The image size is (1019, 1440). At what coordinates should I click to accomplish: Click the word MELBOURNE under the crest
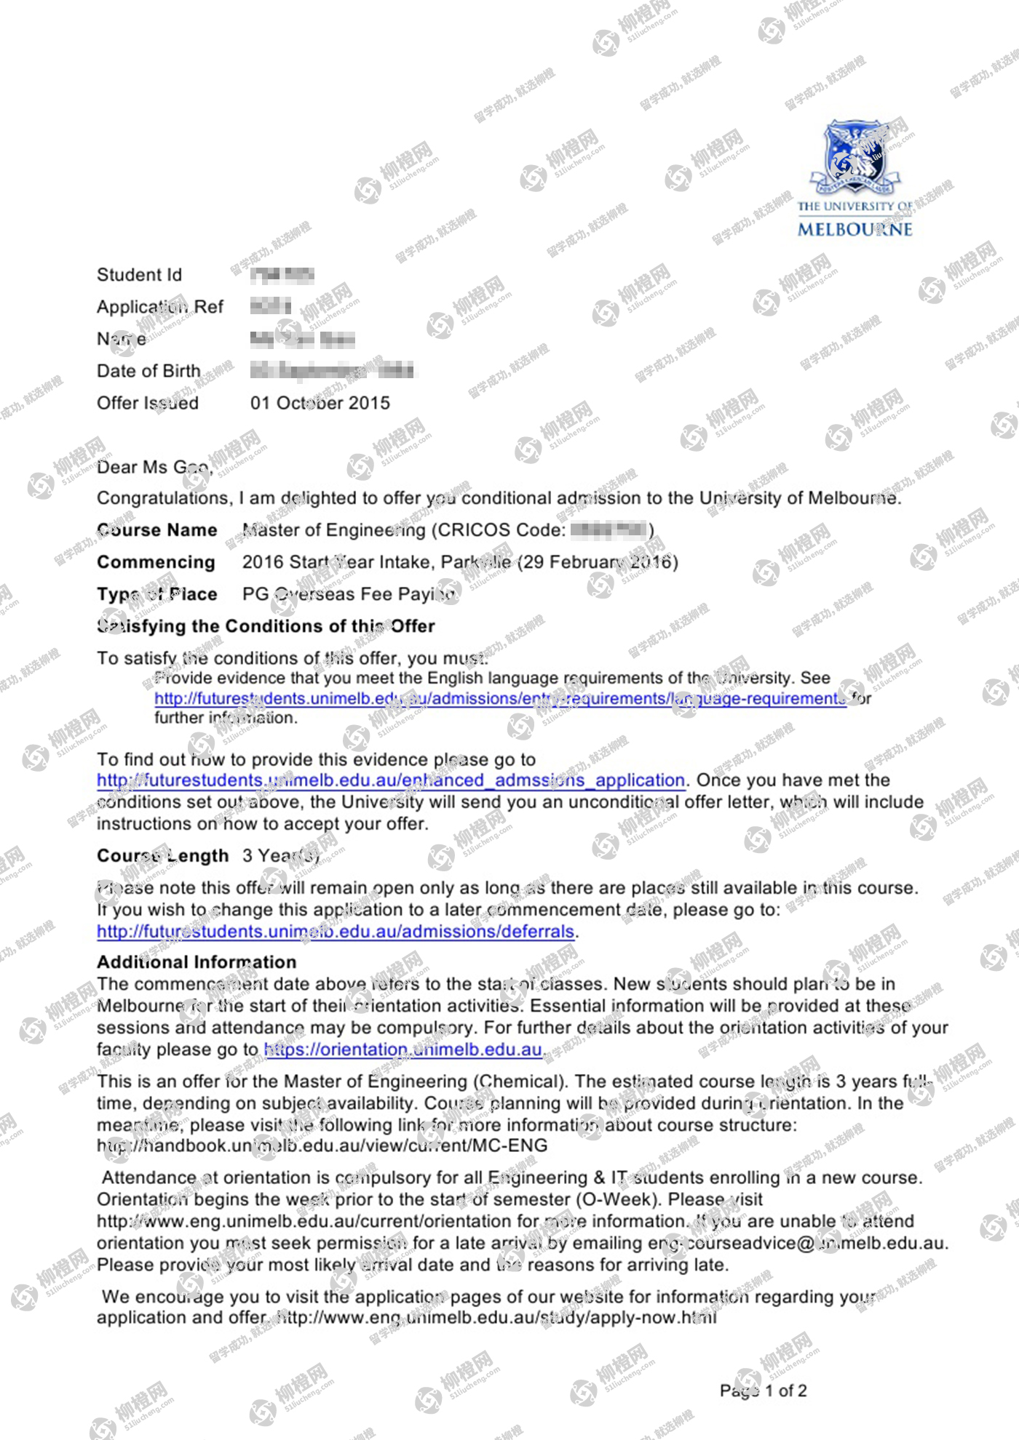(x=855, y=229)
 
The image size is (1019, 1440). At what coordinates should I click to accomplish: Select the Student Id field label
(x=139, y=275)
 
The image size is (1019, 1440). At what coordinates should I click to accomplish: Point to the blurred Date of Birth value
(x=332, y=371)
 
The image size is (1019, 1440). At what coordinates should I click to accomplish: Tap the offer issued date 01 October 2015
(x=320, y=403)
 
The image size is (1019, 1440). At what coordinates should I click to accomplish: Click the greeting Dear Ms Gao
(x=154, y=467)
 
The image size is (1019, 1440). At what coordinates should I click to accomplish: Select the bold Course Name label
(x=156, y=530)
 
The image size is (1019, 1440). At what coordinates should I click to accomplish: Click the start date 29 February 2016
(x=598, y=562)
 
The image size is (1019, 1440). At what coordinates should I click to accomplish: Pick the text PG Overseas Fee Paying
(x=349, y=594)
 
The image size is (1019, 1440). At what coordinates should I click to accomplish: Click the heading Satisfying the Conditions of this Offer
(x=266, y=626)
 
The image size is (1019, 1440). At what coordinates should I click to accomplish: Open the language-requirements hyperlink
(x=500, y=698)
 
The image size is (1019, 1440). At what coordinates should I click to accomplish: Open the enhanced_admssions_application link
(x=391, y=780)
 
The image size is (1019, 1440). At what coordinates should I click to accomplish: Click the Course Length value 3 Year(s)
(x=281, y=856)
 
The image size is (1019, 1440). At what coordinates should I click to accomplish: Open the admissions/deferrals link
(x=336, y=932)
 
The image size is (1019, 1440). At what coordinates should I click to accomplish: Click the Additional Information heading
(x=197, y=962)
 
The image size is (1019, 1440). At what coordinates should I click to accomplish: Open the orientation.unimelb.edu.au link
(x=403, y=1049)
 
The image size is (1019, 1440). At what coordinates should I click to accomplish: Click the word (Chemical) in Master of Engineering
(x=520, y=1081)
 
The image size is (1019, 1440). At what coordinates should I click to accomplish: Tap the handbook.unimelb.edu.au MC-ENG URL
(x=322, y=1145)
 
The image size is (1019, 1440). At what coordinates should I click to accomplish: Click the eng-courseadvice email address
(x=796, y=1243)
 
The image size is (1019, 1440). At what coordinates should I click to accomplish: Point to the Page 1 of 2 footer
(x=763, y=1391)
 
